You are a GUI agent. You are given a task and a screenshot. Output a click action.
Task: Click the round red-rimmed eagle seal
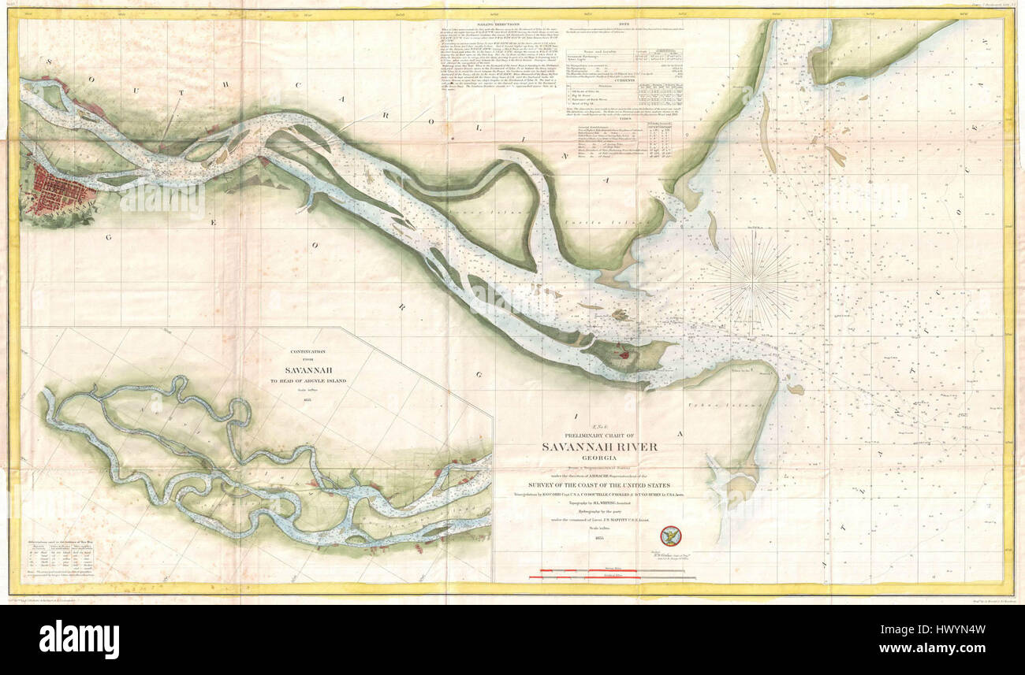[x=670, y=536]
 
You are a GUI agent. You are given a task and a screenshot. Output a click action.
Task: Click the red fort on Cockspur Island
[x=624, y=354]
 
